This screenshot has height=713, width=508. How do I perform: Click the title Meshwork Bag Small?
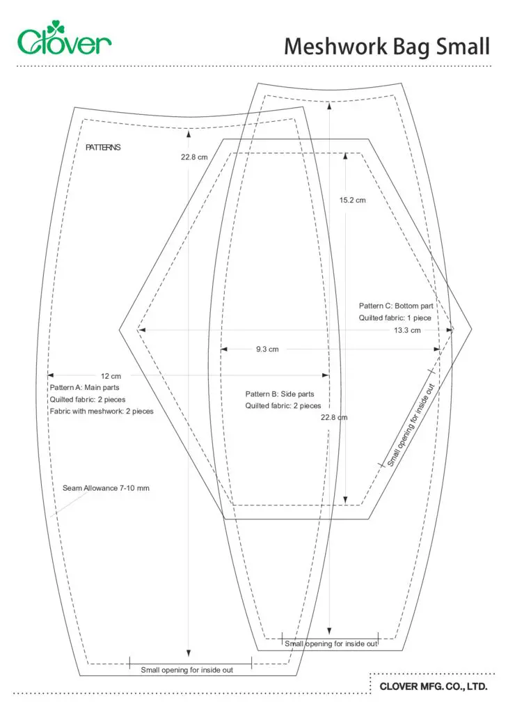coord(387,47)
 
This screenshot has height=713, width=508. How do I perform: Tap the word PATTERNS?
coord(103,148)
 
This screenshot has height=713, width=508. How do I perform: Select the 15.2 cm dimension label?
coord(353,200)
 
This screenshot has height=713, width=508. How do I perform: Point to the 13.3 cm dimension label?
coord(407,331)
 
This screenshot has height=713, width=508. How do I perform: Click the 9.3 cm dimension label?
coord(267,350)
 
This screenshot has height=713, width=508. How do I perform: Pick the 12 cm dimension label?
coord(111,376)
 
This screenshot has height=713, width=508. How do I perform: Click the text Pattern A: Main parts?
coord(84,387)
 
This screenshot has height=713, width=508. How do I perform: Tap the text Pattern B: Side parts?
coord(280,394)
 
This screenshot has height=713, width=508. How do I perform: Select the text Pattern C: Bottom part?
coord(396,306)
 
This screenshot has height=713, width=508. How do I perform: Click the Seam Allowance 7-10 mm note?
coord(106,488)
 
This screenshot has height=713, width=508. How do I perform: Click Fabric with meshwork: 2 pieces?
coord(102,411)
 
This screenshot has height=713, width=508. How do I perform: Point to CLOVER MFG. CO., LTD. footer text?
coord(434,686)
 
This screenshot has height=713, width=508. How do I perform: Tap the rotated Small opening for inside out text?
coord(411,425)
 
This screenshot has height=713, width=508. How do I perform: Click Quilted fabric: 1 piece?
coord(395,318)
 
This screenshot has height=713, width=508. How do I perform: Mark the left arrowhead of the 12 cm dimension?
coord(50,375)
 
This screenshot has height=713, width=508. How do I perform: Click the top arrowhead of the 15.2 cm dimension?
coord(345,156)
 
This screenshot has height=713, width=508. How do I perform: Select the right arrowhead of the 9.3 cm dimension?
coord(437,350)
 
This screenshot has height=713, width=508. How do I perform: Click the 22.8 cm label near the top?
coord(194,157)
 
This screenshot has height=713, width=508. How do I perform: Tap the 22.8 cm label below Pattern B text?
coord(334,418)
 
